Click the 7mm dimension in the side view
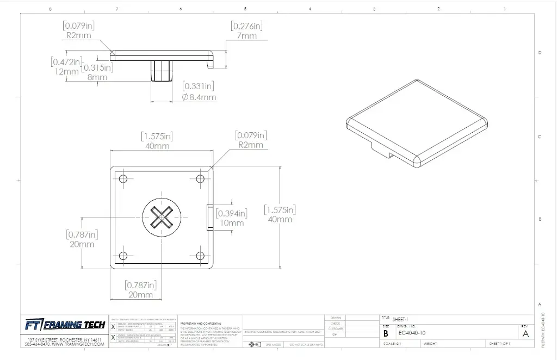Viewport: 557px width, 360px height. coord(247,36)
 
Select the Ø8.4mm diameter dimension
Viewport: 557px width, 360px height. coord(199,97)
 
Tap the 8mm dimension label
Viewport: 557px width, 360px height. coord(98,78)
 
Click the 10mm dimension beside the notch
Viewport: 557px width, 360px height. coord(232,223)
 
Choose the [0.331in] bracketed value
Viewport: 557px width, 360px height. coord(199,86)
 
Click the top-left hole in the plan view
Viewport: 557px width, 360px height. coord(122,179)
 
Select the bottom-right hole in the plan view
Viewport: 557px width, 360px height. coord(200,256)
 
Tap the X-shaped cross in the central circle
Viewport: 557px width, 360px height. coord(162,218)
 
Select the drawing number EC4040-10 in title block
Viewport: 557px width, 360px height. coord(412,333)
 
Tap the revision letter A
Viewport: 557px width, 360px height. coord(525,334)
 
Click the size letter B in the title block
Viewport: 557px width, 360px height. coord(386,333)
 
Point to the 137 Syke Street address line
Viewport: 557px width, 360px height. coord(65,339)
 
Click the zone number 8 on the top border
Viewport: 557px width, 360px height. coord(50,9)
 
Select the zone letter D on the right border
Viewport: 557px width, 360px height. coord(539,53)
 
